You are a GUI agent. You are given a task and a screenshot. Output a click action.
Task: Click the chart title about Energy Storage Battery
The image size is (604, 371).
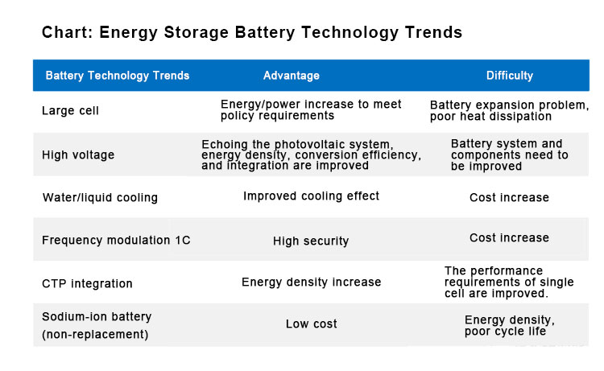coord(251,32)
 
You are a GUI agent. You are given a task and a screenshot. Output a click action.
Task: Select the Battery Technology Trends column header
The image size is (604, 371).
coord(118,76)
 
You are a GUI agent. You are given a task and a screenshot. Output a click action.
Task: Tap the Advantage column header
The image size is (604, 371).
coord(292,76)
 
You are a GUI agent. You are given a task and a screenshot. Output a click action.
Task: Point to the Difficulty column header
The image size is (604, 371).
coord(509,76)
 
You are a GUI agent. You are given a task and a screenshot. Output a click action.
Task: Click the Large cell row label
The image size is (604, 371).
coord(70,111)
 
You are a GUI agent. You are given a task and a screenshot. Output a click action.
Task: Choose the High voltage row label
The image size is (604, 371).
coord(78,155)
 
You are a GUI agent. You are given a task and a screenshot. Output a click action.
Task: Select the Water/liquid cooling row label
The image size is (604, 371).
coord(99,197)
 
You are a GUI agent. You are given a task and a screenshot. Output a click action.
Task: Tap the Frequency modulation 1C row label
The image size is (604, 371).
coord(116,240)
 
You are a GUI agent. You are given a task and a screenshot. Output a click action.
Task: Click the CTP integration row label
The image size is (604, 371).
coord(87,283)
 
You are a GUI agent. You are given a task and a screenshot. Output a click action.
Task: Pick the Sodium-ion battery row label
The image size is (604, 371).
coord(97,324)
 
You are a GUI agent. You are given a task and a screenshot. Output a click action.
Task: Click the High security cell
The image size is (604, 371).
coord(311,241)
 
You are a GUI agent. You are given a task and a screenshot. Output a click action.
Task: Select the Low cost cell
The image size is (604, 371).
coord(311,324)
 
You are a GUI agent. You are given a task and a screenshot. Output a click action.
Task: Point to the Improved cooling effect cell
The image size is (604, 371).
coord(311,196)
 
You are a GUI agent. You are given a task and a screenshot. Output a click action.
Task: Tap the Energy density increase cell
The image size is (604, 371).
coord(311,282)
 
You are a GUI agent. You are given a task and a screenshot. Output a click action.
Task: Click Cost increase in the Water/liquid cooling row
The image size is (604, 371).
coord(509,197)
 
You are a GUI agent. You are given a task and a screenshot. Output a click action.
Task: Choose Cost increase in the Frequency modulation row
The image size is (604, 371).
coord(509,238)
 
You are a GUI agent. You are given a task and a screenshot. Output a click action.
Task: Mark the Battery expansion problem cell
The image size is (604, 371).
coord(509,111)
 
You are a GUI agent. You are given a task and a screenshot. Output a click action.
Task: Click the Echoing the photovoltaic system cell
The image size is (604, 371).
coord(311,155)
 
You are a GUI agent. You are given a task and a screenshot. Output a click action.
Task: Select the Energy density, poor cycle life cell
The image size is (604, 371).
coord(509,325)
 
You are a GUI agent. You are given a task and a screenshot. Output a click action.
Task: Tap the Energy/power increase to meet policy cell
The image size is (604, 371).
coord(311,110)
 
